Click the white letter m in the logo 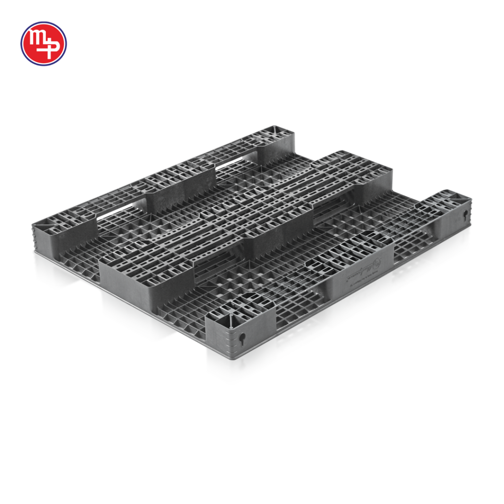(x=37, y=39)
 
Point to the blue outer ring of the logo (x=43, y=23)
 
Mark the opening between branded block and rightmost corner (x=411, y=246)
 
